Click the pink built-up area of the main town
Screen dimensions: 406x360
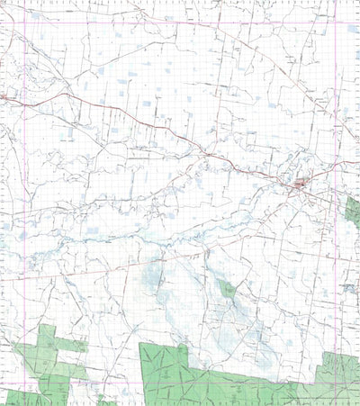tap(300, 185)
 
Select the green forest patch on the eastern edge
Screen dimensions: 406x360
tap(353, 211)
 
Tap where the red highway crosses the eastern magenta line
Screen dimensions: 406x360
tap(335, 163)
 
